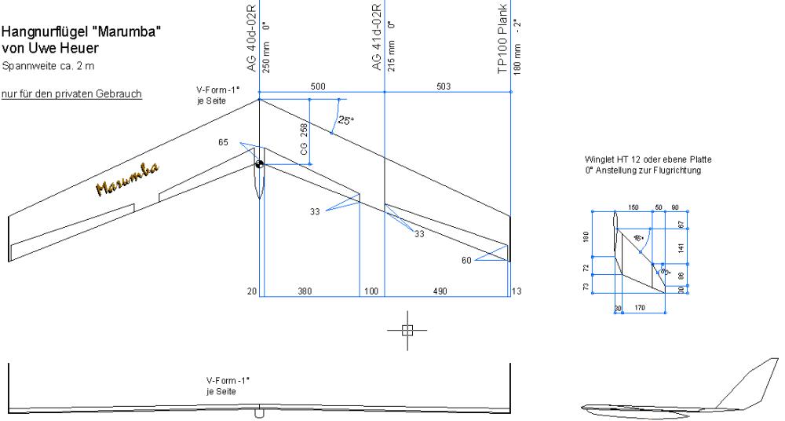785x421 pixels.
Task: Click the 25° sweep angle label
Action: coord(345,121)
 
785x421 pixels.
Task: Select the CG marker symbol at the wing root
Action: coord(259,163)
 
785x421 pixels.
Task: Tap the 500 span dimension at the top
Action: coord(318,86)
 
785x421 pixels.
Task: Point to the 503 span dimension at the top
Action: coord(444,86)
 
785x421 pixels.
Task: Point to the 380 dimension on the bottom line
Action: coord(305,291)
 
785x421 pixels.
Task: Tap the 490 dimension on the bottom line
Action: coord(440,291)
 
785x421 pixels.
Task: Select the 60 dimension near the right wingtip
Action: coord(468,260)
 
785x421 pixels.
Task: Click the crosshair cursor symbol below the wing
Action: coord(407,330)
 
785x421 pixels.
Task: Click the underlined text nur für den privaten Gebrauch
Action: coord(71,94)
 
